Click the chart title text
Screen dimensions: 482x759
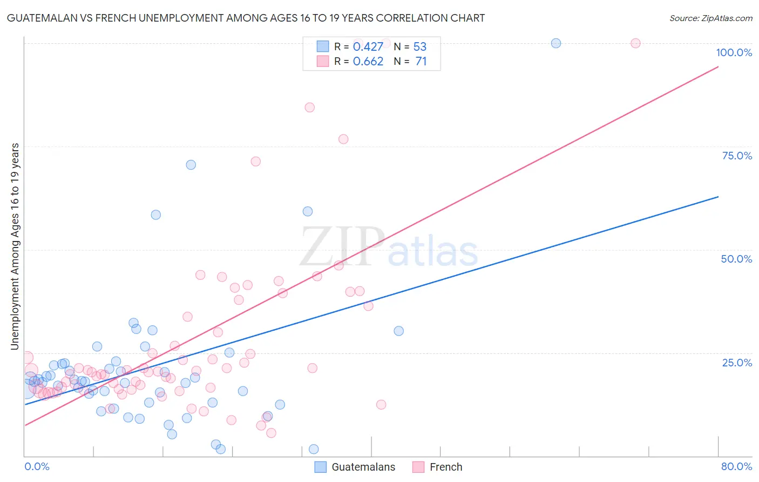tap(246, 18)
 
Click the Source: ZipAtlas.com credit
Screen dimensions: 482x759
tap(710, 18)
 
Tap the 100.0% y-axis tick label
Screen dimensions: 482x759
tap(734, 52)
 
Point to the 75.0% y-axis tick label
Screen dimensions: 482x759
tap(737, 156)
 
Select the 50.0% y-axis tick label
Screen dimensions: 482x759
tap(736, 259)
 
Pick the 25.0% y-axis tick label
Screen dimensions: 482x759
tap(737, 362)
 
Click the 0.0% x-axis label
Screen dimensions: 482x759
tap(37, 466)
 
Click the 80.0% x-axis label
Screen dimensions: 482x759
tap(736, 466)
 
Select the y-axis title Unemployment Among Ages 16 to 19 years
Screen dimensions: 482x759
tap(15, 246)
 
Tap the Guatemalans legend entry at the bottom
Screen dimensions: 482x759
tap(363, 467)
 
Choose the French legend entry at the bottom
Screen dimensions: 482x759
tap(445, 467)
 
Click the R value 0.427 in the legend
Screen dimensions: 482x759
tap(368, 47)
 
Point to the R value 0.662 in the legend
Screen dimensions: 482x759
tap(368, 62)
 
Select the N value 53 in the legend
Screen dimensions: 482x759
tap(419, 47)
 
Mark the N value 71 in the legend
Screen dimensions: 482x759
tap(421, 62)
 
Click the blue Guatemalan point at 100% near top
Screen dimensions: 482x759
tap(555, 43)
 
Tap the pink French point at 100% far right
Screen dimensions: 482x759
tap(635, 43)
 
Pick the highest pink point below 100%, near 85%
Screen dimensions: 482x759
tap(309, 108)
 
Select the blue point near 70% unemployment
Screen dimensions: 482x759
tap(191, 165)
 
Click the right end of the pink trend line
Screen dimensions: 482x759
tap(717, 67)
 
